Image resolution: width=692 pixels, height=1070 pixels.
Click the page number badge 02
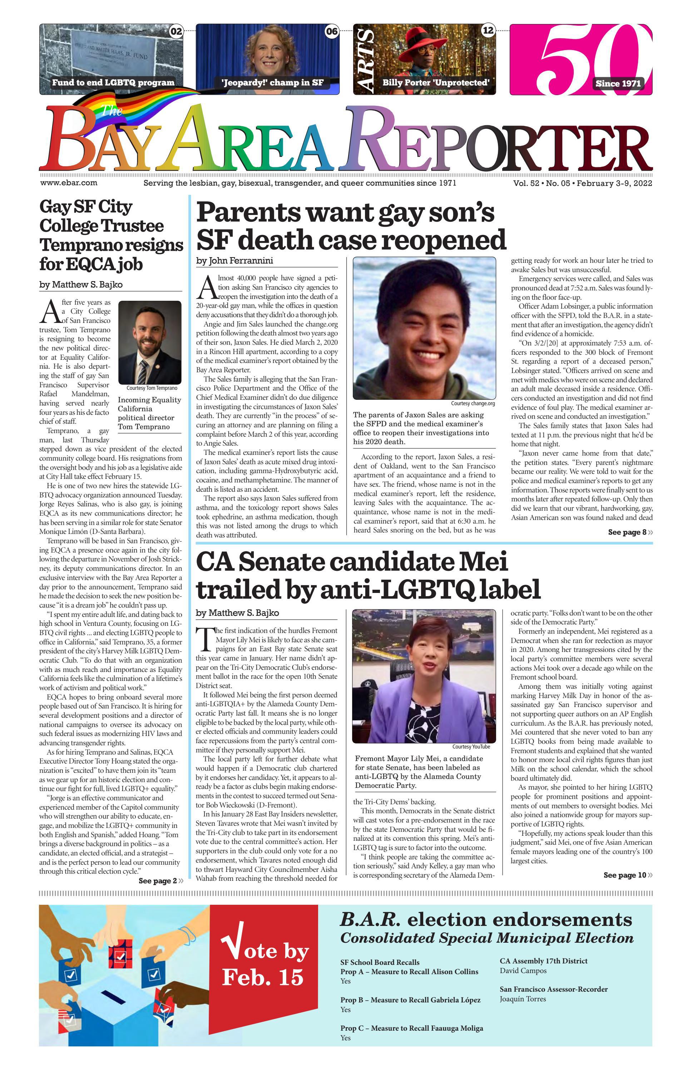coord(176,31)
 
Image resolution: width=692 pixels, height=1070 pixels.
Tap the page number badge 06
coord(332,31)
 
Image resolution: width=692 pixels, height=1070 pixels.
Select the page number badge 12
coord(488,30)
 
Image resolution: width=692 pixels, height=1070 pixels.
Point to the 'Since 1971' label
coord(618,83)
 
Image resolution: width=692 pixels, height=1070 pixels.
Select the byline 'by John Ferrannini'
coord(234,261)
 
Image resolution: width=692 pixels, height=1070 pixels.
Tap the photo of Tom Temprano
coord(150,342)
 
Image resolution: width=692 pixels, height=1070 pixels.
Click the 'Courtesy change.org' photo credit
coord(473,403)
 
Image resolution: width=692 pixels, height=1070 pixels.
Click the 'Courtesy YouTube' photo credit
coord(471,746)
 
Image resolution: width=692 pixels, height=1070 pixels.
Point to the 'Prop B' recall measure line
coord(410,1000)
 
